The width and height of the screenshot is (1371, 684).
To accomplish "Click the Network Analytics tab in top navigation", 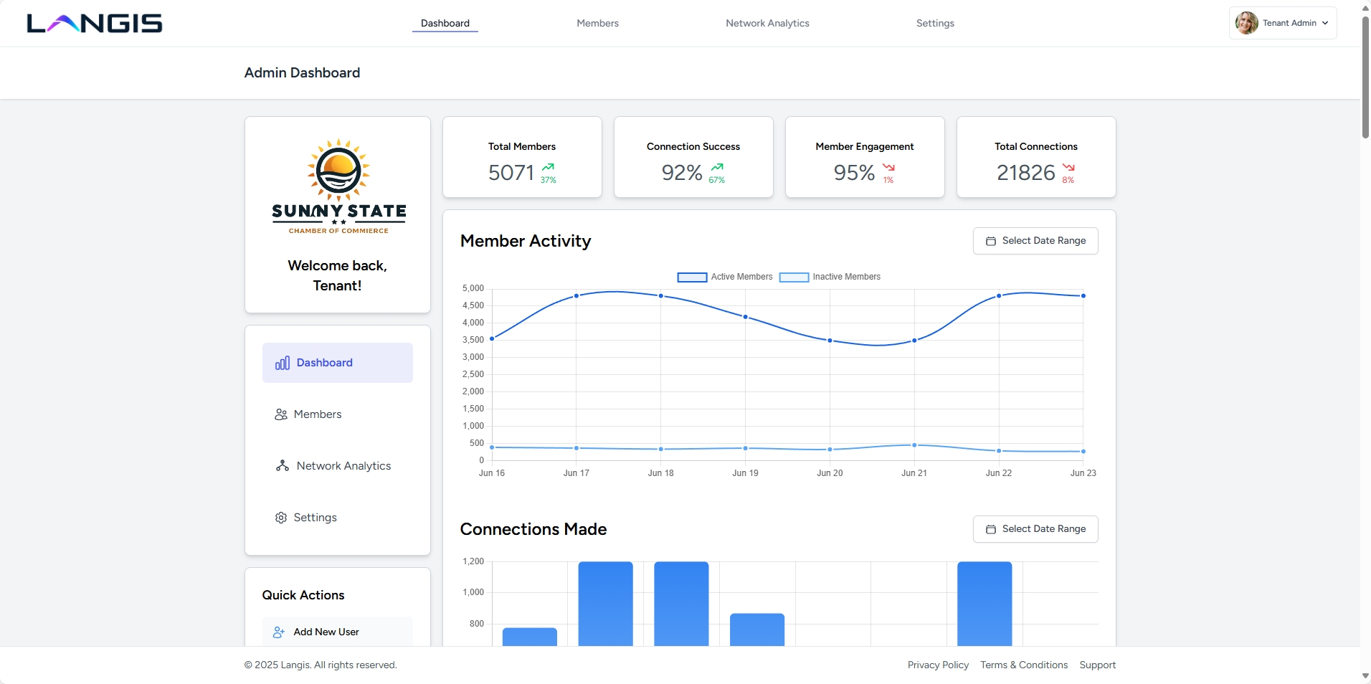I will [767, 23].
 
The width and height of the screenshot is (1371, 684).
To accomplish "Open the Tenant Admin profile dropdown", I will [1282, 23].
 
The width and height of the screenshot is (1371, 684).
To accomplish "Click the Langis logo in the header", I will [95, 24].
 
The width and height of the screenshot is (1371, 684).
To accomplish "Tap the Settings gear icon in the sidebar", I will [281, 518].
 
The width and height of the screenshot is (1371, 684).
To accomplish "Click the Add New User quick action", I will [326, 632].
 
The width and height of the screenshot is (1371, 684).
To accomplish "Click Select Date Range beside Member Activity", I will [1035, 241].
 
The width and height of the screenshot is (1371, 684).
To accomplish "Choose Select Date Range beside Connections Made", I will [1035, 529].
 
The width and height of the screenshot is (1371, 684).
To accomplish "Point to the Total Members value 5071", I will [511, 173].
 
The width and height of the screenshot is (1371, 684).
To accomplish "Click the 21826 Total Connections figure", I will [1025, 173].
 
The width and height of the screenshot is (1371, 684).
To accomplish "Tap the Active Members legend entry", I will [725, 277].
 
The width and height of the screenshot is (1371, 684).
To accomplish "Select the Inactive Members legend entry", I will [830, 277].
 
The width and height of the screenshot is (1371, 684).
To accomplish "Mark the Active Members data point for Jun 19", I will [745, 317].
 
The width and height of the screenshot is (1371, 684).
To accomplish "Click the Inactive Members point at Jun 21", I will [914, 445].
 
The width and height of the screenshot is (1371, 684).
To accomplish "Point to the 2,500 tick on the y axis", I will [473, 374].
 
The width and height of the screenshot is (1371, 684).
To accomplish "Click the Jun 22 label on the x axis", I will [998, 473].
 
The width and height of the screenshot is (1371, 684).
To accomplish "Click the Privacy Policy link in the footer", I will [938, 665].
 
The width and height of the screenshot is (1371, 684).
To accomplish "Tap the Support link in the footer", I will [1097, 665].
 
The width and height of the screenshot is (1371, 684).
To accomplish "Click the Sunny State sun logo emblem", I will [338, 170].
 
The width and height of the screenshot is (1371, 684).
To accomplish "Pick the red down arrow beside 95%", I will [888, 167].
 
